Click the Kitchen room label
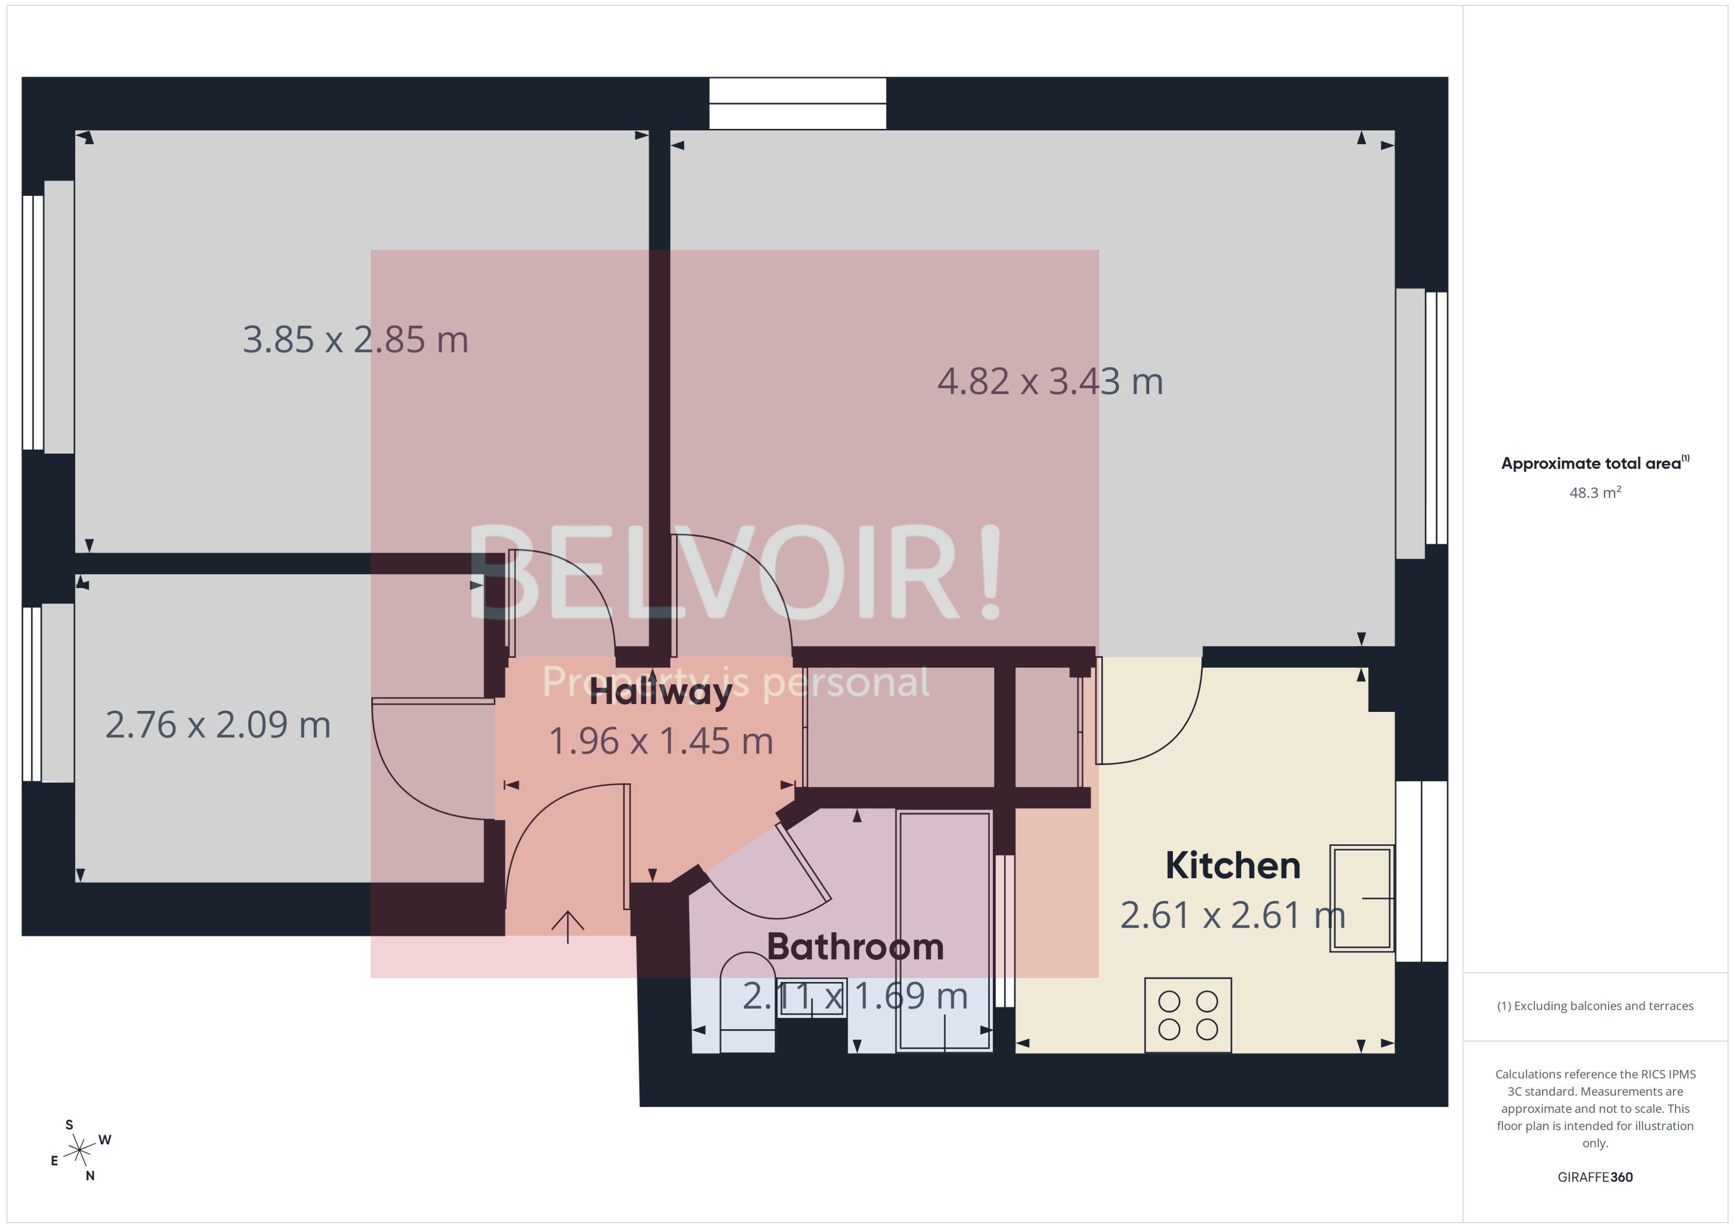[1232, 866]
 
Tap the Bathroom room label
[855, 947]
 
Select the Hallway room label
[660, 692]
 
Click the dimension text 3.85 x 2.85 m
[355, 340]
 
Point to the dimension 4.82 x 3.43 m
[1049, 381]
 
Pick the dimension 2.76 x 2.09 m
[218, 724]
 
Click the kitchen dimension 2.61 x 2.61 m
[1232, 915]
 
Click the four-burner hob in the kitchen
[1188, 1015]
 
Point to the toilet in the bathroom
[747, 1002]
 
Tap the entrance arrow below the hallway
[568, 926]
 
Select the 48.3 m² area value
[1594, 493]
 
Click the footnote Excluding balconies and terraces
[1594, 1006]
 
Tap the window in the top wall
[798, 104]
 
